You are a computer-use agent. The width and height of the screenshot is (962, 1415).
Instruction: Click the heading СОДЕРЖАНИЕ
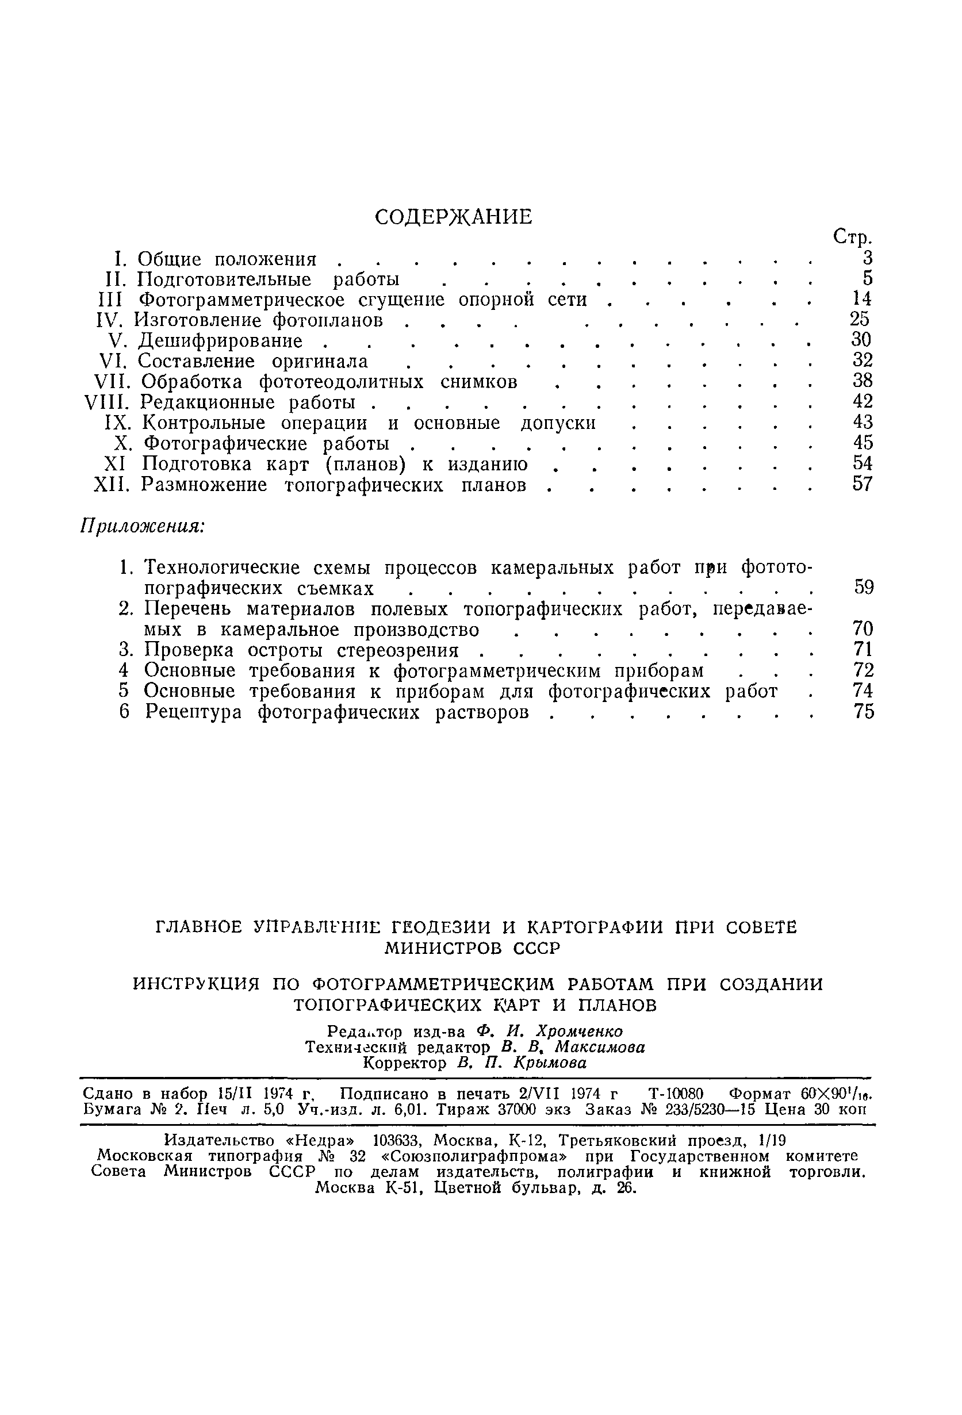point(453,217)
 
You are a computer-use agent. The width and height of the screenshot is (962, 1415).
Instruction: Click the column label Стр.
point(852,237)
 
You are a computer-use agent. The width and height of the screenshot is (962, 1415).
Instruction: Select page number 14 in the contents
point(861,298)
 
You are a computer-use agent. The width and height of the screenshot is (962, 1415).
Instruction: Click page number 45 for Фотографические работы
point(863,443)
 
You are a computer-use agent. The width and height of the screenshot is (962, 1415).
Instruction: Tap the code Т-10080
point(676,1094)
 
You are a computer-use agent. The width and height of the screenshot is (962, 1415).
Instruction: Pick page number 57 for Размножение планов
point(863,484)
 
